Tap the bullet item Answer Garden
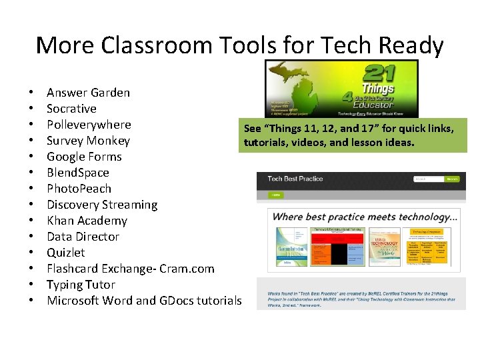click(88, 93)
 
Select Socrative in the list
click(71, 109)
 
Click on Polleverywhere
click(89, 125)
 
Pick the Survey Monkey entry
click(88, 141)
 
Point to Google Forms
click(84, 157)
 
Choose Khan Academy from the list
click(87, 221)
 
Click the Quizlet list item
click(66, 253)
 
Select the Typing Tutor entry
click(81, 285)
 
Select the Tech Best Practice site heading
click(295, 179)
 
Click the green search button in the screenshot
click(452, 179)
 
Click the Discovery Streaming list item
click(102, 205)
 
